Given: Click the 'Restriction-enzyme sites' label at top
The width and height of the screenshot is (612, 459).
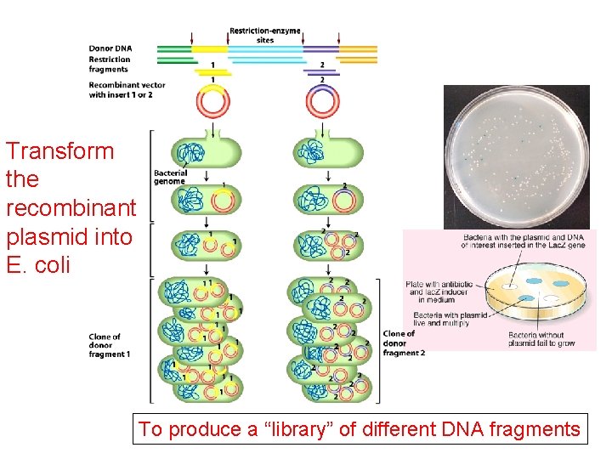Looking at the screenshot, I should pos(264,35).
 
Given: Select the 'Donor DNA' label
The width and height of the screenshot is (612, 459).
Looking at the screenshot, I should pos(110,48).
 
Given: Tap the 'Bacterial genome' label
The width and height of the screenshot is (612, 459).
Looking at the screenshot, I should pos(169,177).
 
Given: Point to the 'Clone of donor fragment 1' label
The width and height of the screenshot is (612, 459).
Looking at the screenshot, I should pos(108,345).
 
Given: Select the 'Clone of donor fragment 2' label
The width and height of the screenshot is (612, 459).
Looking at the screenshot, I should pos(404,343).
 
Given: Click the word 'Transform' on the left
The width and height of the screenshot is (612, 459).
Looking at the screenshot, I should pos(59,151).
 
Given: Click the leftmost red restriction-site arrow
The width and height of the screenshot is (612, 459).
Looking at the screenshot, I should pos(192,38).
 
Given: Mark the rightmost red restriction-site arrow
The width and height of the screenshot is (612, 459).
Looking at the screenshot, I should pos(340,38).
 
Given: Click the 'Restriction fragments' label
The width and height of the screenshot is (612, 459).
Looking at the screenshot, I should pos(110,65).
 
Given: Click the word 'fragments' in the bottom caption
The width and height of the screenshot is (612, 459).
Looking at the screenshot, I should pos(535,429).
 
